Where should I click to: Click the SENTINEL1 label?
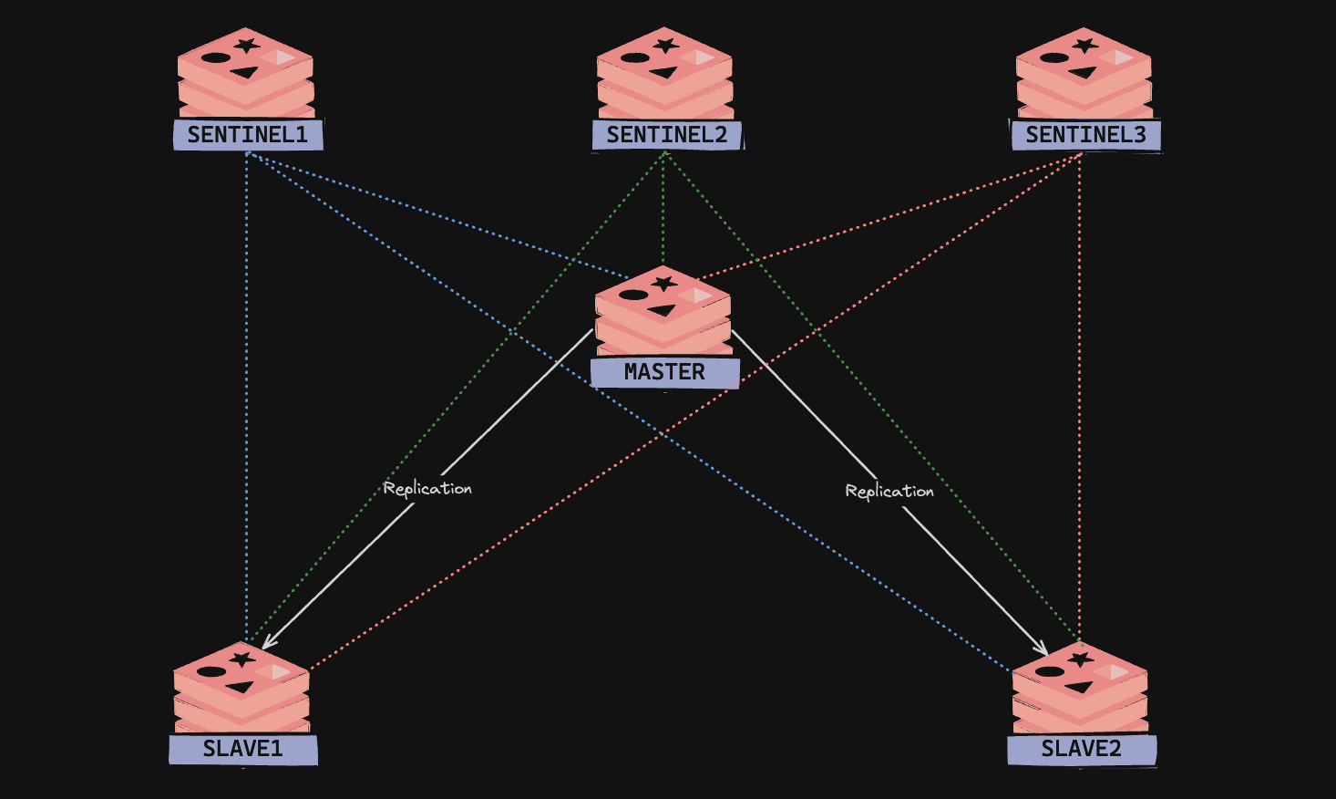click(x=248, y=135)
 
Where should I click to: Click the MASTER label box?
click(x=665, y=373)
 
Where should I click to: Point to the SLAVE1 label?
click(x=243, y=750)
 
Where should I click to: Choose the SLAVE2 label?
click(x=1082, y=750)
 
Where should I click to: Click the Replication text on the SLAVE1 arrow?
click(x=427, y=489)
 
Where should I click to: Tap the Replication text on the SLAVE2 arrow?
click(x=889, y=492)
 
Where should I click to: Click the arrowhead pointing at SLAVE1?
click(x=268, y=642)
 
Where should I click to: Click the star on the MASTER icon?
click(x=663, y=284)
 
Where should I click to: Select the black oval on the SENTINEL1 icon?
click(x=216, y=58)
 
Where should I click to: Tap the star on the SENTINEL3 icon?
click(x=1084, y=46)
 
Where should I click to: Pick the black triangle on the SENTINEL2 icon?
click(x=664, y=73)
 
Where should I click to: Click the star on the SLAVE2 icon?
click(x=1080, y=659)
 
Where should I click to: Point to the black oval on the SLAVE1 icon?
click(x=211, y=672)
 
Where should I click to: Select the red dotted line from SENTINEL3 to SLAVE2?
click(x=1080, y=398)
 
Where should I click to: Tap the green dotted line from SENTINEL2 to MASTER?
click(x=663, y=209)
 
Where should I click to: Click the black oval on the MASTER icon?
click(x=633, y=295)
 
